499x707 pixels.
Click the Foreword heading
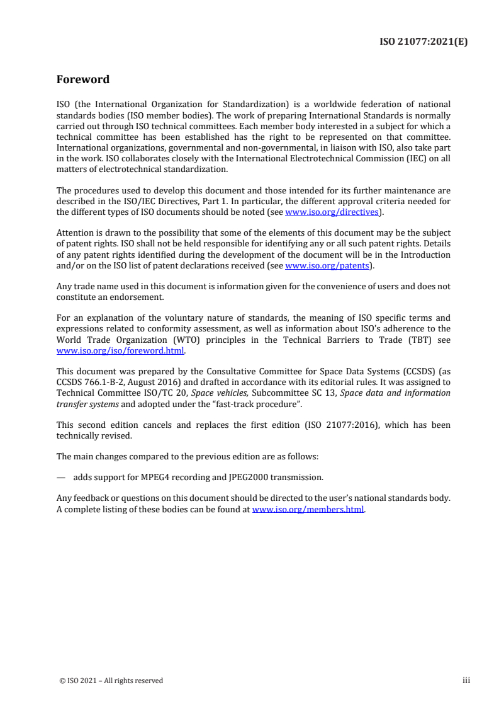tap(82, 80)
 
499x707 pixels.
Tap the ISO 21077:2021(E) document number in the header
tap(425, 42)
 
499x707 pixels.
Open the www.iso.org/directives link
tap(332, 212)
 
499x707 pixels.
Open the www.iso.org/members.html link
tap(308, 509)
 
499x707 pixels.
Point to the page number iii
tap(466, 681)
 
